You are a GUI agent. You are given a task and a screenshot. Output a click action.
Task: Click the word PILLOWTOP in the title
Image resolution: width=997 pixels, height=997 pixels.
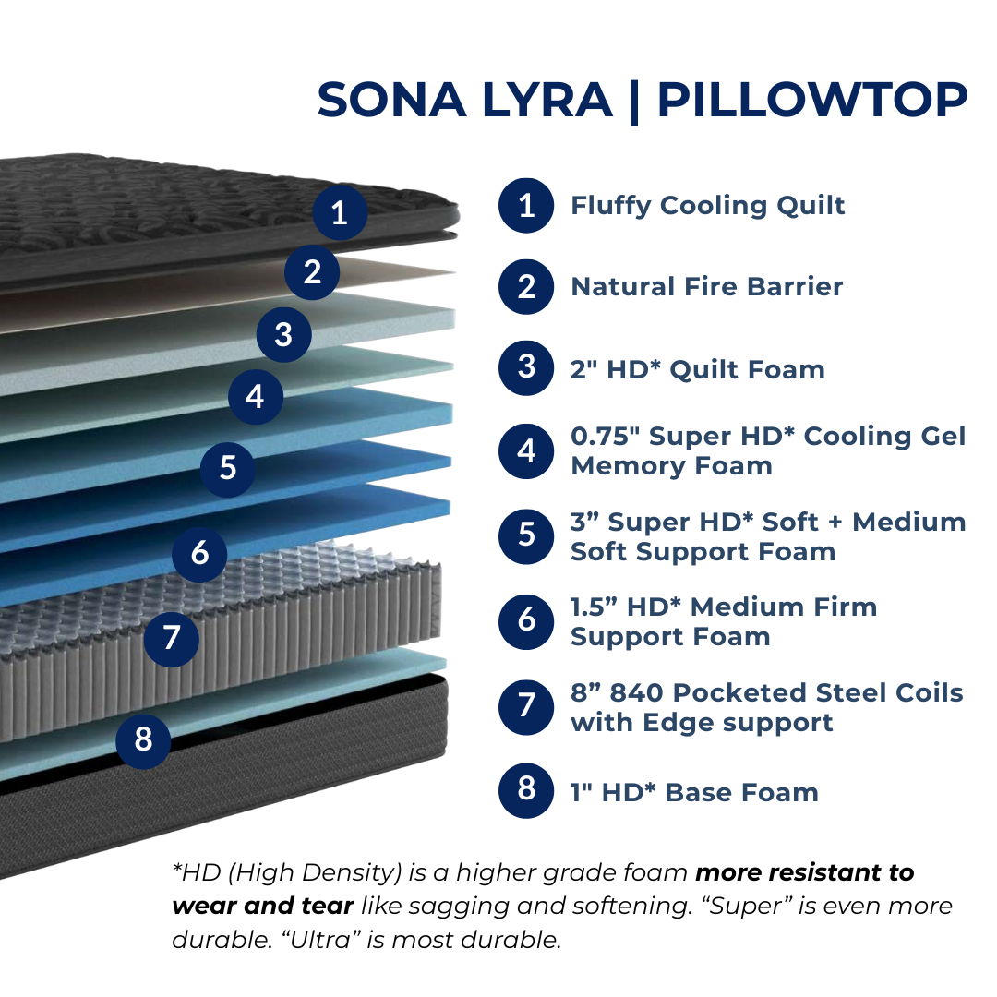coord(812,101)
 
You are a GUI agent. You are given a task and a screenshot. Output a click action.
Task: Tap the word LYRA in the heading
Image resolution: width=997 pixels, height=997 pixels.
coord(547,101)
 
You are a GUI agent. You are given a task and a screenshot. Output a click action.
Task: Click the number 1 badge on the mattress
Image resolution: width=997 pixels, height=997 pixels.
coord(340,212)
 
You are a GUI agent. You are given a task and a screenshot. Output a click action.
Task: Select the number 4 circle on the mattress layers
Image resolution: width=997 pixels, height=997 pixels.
coord(256,397)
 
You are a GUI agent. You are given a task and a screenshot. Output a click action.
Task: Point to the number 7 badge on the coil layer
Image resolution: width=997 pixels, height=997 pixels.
coord(172,639)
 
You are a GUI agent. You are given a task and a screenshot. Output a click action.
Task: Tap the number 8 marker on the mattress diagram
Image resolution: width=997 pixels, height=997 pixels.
coord(144,740)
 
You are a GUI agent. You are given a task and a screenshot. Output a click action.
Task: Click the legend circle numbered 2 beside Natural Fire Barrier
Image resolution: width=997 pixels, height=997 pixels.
coord(526,287)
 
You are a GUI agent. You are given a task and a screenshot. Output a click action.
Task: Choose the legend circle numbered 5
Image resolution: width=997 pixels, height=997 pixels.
coord(526,536)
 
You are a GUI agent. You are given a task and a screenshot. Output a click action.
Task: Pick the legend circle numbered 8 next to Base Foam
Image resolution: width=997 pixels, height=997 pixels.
coord(526,789)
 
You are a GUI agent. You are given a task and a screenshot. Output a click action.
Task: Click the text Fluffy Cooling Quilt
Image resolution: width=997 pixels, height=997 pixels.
coord(708,206)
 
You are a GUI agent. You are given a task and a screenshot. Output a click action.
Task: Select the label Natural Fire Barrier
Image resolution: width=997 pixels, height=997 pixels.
coord(707,287)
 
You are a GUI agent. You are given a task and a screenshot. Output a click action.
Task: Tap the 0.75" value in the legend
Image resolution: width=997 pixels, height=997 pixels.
coord(605,436)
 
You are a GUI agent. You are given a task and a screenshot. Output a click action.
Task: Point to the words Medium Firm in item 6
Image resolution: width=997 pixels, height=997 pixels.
coord(784,607)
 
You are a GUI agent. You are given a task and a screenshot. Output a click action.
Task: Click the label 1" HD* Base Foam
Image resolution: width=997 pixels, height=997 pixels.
coord(694,792)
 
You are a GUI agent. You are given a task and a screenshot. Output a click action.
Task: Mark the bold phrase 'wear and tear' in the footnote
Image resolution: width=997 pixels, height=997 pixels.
coord(262,906)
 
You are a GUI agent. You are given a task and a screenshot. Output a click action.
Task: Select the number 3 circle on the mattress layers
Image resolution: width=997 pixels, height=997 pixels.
coord(283,335)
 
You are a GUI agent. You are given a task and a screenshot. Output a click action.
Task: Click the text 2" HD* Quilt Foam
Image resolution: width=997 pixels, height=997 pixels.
coord(698,369)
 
